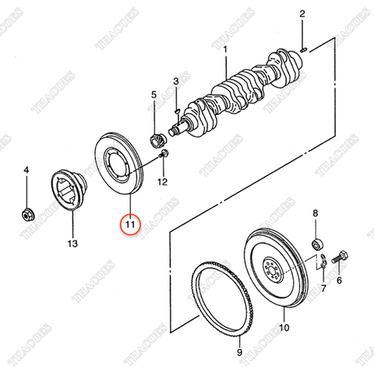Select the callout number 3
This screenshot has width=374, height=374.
point(176,81)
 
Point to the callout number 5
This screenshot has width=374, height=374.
point(153,95)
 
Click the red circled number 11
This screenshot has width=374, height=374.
point(130,225)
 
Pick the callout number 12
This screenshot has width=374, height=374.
point(162,182)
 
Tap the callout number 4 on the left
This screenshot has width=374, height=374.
point(26,170)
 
